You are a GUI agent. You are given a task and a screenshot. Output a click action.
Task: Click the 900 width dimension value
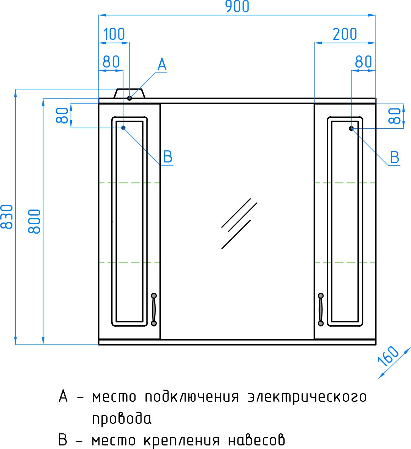(x=237, y=7)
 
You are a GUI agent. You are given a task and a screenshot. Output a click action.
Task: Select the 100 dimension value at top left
(x=114, y=34)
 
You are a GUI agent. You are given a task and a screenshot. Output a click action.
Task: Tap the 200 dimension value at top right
(x=345, y=34)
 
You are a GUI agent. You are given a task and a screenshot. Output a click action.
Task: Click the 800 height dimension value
(x=34, y=221)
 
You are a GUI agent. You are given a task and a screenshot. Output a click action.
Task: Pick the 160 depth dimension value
(x=388, y=356)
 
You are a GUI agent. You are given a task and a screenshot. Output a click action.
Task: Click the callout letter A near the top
(x=162, y=65)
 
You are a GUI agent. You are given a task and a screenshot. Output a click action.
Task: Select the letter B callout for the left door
(x=167, y=157)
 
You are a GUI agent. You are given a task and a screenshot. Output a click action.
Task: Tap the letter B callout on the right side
(x=394, y=157)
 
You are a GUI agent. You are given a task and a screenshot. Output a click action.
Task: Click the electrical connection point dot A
(x=129, y=98)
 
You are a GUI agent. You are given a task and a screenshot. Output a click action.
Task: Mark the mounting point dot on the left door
(x=123, y=128)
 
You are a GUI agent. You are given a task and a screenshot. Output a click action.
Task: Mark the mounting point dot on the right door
(x=351, y=128)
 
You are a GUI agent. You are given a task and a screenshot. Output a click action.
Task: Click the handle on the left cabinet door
(x=154, y=309)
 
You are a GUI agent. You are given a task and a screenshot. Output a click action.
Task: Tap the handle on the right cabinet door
(x=321, y=309)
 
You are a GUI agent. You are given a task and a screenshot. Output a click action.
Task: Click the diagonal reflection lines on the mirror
(x=238, y=223)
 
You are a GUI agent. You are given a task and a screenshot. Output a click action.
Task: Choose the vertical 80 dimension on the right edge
(x=395, y=116)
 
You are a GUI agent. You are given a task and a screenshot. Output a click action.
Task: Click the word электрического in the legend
(x=307, y=397)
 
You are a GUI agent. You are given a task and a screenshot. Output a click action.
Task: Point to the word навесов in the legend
(x=256, y=440)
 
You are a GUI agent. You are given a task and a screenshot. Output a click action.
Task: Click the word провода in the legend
(x=122, y=419)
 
